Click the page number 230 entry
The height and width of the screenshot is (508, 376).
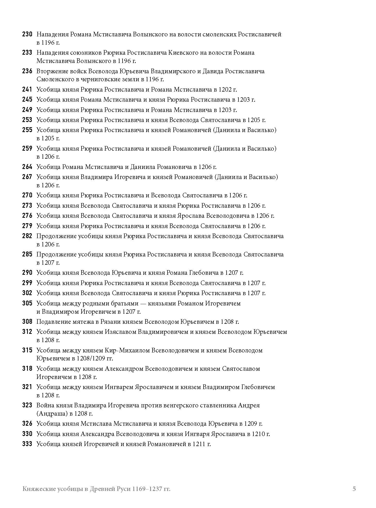27,34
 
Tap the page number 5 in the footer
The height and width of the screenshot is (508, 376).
354,489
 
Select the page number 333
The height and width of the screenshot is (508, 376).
27,444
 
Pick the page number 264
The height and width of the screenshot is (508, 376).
27,167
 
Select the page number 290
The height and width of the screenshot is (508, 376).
27,272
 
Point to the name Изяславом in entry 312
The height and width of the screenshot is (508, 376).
120,332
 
